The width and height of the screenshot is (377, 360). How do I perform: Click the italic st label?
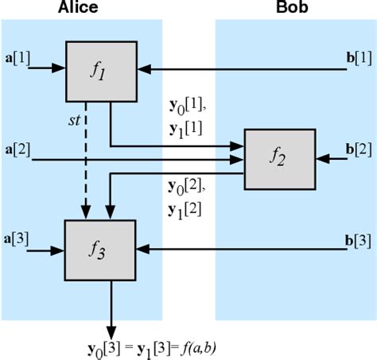[74, 122]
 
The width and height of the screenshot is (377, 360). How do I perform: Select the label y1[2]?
[184, 210]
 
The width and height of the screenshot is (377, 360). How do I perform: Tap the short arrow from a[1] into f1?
[46, 69]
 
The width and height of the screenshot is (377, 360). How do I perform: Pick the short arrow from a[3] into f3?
[46, 250]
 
